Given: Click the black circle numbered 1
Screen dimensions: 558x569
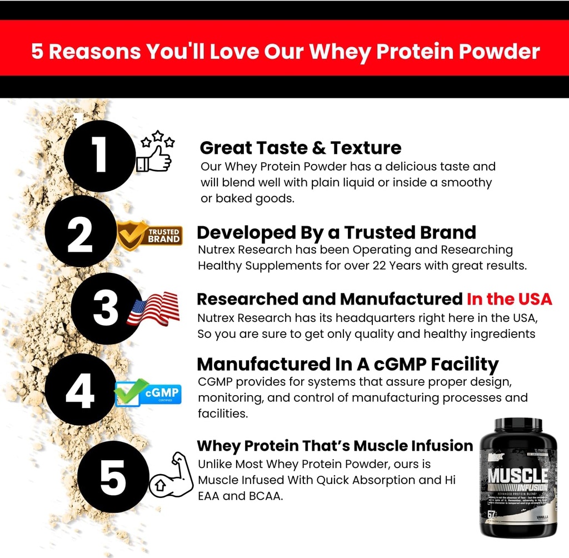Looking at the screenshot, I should point(100,156).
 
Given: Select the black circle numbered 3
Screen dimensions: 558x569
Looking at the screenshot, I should point(106,309).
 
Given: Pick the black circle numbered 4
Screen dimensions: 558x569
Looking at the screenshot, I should point(80,390).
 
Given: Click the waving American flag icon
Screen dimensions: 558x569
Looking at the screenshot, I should point(153,308).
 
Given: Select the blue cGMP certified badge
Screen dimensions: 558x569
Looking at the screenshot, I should point(148,393).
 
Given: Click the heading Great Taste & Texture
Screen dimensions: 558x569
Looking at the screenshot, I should point(300,148).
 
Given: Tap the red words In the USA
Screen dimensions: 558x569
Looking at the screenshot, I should point(509,299).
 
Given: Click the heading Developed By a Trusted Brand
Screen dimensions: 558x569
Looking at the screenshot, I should point(336,232).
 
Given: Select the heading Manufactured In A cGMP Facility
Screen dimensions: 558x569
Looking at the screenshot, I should point(348,365).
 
